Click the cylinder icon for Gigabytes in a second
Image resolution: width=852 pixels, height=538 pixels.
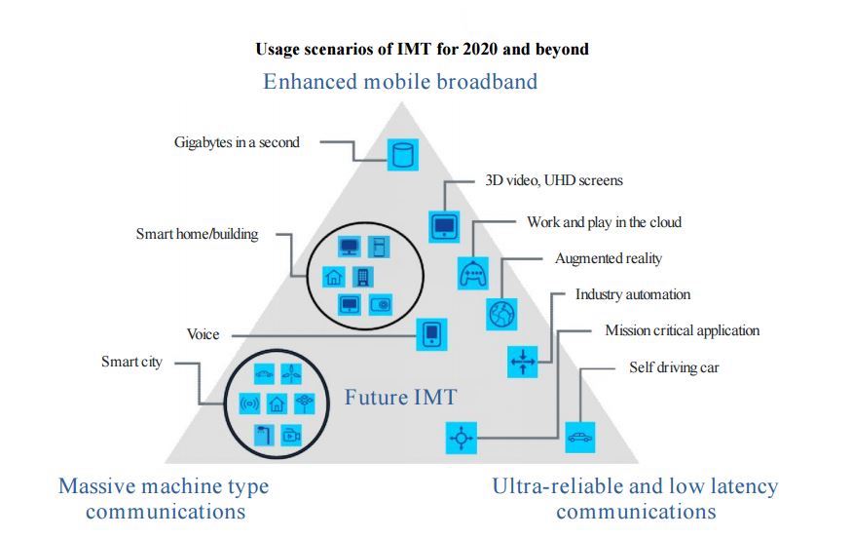[x=403, y=155]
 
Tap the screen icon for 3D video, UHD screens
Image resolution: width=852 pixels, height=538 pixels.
[x=444, y=226]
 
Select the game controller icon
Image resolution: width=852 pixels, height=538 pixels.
[x=473, y=273]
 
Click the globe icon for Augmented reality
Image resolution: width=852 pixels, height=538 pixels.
[x=501, y=315]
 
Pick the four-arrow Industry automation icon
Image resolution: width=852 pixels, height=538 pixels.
[x=523, y=362]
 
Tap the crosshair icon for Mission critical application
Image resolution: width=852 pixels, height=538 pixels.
[x=462, y=438]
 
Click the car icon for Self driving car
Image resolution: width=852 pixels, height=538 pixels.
[x=580, y=438]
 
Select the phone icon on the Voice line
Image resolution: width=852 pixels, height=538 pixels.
[x=431, y=334]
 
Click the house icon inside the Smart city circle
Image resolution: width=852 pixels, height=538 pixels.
[x=278, y=403]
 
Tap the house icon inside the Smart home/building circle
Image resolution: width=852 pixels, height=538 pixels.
[x=334, y=277]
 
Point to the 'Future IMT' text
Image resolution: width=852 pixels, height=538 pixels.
[x=401, y=397]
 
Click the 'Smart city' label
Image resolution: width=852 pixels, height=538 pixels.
[x=132, y=362]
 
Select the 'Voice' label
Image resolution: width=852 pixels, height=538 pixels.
[x=204, y=334]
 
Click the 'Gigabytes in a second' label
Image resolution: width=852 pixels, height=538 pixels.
[x=237, y=142]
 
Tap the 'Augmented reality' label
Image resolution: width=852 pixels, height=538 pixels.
[x=609, y=258]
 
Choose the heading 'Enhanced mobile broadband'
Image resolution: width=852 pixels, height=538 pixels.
[x=400, y=82]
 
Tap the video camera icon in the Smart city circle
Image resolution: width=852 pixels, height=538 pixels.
[x=292, y=436]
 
